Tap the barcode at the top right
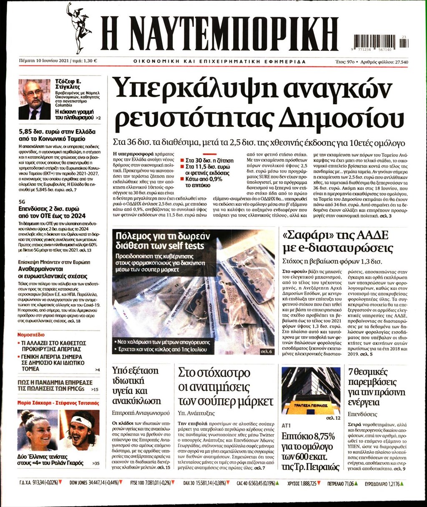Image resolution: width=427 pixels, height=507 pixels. tap(381, 42)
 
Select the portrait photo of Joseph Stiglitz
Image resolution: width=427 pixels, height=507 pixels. tap(34, 99)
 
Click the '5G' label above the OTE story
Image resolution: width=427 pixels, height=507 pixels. tap(22, 201)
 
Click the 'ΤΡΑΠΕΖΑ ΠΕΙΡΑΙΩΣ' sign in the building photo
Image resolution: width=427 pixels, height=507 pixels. tap(311, 405)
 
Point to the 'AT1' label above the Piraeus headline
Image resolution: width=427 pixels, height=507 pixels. tap(286, 426)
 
